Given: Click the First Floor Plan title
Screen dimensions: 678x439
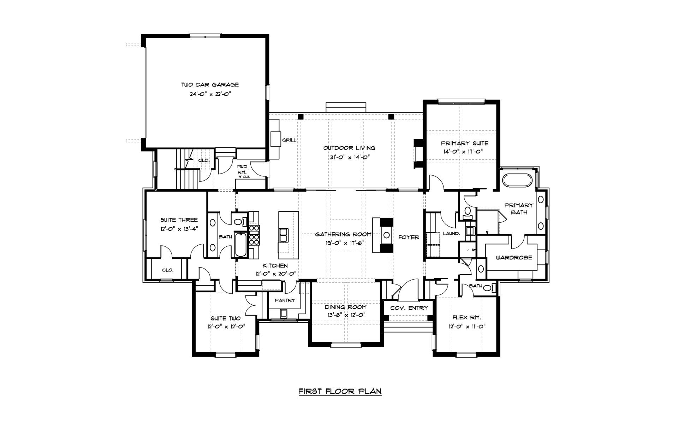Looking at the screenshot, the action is coord(340,391).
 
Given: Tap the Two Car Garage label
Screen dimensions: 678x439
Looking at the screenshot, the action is coord(210,85).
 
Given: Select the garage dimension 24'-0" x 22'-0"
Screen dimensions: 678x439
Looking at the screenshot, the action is coord(210,94).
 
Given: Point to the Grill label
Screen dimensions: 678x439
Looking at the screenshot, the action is coord(289,140).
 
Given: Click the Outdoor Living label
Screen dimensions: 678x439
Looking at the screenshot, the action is coord(349,148).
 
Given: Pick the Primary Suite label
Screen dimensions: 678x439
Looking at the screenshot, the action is coord(464,143).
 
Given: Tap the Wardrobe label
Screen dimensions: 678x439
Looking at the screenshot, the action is coord(514,258).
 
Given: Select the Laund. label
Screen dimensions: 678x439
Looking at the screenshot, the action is coord(451,234).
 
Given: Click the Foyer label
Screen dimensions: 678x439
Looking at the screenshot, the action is coord(409,237).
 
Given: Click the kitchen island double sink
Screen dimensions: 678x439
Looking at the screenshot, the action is coord(283,235).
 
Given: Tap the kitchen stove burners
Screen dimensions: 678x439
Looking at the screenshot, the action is coord(254,235).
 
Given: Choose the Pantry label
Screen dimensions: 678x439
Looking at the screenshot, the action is coord(285,300).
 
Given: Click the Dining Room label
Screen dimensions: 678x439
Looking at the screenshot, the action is coord(346,307).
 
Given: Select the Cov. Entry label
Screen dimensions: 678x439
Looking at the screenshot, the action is coord(409,308).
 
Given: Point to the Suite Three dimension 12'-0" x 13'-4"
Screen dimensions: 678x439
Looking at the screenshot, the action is coord(179,229).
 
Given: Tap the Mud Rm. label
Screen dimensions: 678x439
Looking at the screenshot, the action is coord(242,169).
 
